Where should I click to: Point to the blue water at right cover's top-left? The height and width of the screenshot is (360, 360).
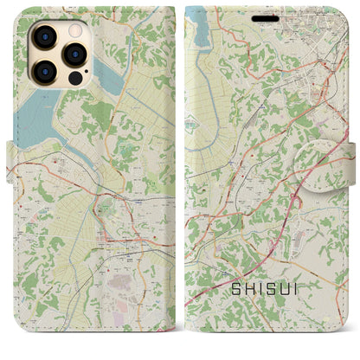(199, 26)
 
